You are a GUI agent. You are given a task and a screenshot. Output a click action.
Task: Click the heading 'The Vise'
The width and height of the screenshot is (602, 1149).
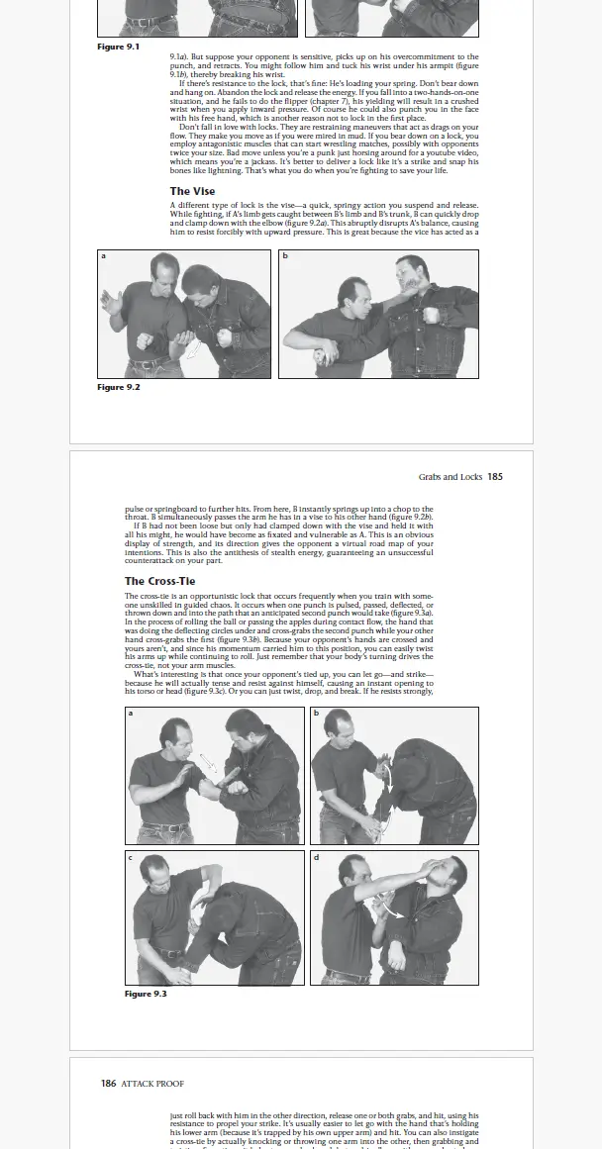point(192,191)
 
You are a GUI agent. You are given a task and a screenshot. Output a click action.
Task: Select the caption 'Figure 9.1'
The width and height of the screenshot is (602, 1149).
point(118,47)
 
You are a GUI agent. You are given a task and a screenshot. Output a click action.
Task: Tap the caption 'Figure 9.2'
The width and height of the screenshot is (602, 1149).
point(118,387)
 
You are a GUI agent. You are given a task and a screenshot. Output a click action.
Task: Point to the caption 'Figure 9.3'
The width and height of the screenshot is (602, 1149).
point(145,994)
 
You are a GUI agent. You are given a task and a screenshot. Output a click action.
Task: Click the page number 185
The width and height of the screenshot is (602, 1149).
point(495,476)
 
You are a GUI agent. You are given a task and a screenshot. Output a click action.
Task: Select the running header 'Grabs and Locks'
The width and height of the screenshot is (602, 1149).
point(450,476)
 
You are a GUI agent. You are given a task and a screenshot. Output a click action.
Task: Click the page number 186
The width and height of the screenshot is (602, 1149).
point(109,1084)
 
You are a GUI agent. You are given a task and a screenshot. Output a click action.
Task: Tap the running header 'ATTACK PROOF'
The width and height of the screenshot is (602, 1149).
point(152,1084)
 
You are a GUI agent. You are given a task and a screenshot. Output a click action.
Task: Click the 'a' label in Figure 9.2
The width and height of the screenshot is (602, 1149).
point(103,256)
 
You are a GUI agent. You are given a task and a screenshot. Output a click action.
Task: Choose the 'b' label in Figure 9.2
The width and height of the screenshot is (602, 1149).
point(285,256)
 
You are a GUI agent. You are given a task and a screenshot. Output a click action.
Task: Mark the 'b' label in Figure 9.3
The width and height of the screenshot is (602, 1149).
point(316,714)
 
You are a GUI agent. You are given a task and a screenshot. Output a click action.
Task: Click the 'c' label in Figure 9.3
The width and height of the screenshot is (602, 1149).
point(131,857)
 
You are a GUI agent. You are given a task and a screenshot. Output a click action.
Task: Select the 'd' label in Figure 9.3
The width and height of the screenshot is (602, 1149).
point(316,857)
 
